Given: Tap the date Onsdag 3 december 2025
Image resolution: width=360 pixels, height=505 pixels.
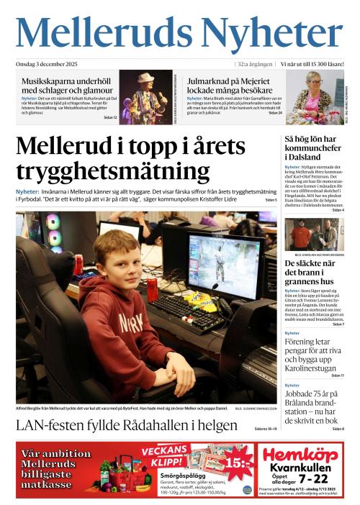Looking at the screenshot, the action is [x=50, y=64].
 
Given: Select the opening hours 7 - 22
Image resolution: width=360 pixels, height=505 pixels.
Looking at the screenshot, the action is [x=323, y=477].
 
